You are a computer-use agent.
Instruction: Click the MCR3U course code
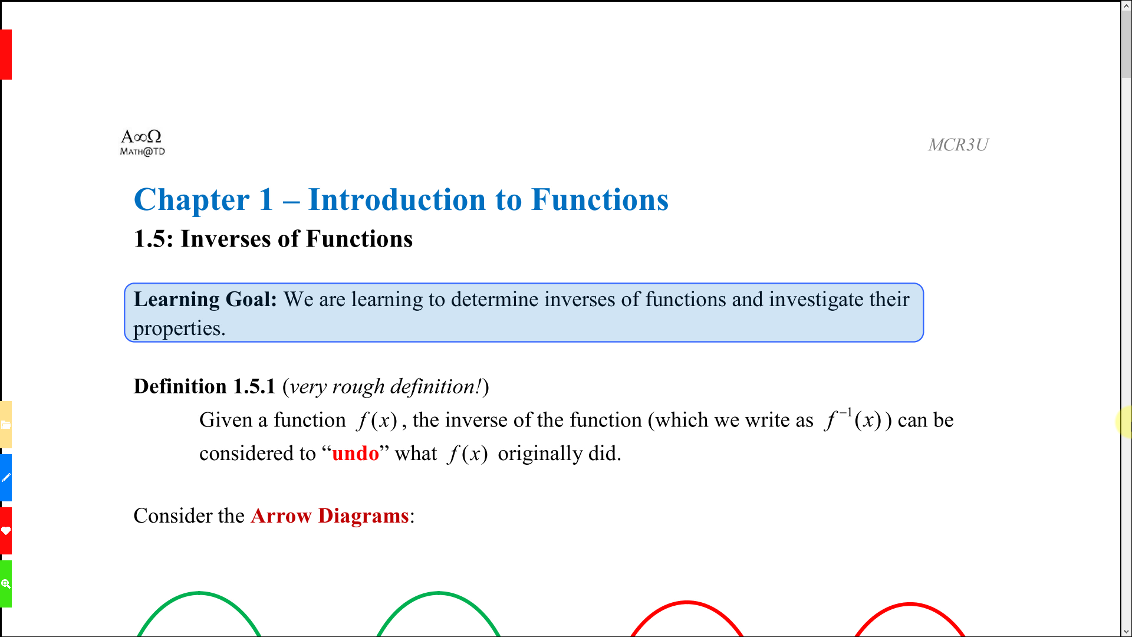click(x=958, y=145)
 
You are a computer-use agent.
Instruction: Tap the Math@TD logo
click(x=142, y=143)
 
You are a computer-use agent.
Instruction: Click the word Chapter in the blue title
click(x=192, y=200)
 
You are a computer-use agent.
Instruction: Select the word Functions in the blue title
click(x=600, y=199)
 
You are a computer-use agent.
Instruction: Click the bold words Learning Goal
click(x=205, y=300)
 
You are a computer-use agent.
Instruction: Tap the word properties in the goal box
click(x=179, y=329)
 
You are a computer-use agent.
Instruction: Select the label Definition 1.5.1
click(x=205, y=386)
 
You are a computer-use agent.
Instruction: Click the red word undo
click(x=356, y=454)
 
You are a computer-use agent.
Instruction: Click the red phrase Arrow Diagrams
click(x=330, y=516)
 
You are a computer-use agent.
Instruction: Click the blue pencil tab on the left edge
click(x=6, y=478)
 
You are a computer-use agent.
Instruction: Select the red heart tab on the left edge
click(x=6, y=531)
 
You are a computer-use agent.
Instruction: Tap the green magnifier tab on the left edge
click(x=6, y=584)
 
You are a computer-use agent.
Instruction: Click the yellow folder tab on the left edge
click(x=6, y=425)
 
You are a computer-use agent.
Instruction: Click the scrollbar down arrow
click(x=1127, y=632)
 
